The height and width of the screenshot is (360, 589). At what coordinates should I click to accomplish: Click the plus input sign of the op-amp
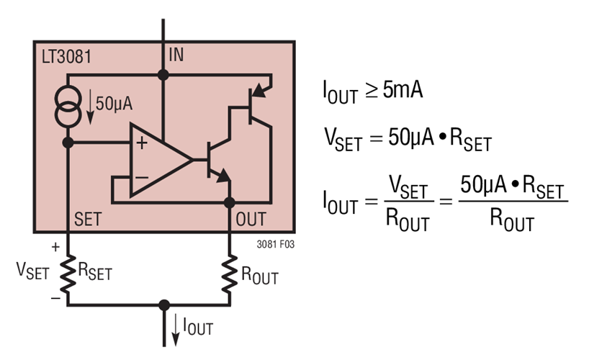[x=141, y=143]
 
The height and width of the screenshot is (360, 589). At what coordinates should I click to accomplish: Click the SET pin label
[x=88, y=218]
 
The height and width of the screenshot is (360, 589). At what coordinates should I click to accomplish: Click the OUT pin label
[x=251, y=218]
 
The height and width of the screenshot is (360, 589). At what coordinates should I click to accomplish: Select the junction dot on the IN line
[x=163, y=74]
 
